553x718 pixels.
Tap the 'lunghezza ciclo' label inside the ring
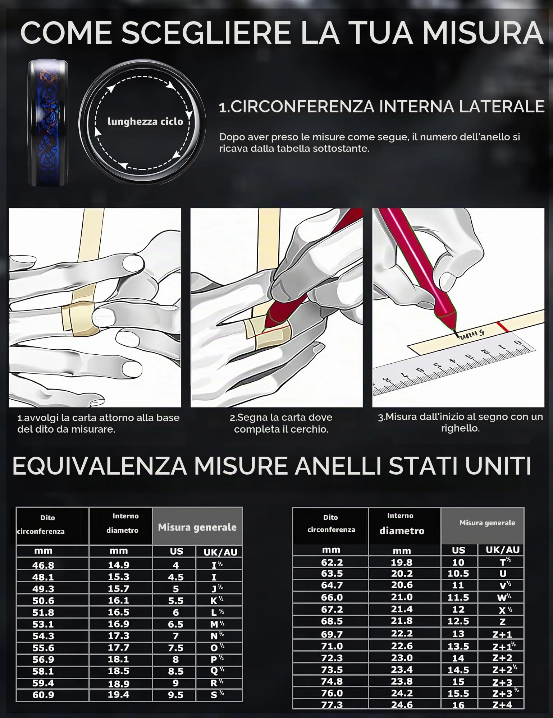(x=145, y=122)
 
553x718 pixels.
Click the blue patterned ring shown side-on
(x=48, y=123)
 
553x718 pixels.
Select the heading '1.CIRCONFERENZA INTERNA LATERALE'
(x=382, y=107)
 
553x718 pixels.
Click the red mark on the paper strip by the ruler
(x=501, y=327)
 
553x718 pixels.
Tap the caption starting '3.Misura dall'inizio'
(x=460, y=423)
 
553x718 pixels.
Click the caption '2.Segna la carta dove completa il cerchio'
(x=281, y=423)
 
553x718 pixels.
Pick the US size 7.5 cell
(x=176, y=648)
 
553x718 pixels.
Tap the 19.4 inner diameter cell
(x=119, y=695)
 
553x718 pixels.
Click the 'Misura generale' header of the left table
(x=197, y=527)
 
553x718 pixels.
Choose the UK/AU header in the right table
(x=503, y=550)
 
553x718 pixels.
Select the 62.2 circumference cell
(x=332, y=562)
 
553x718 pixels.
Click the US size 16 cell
(x=458, y=705)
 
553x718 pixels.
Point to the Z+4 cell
(x=502, y=705)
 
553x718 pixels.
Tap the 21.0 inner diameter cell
(x=402, y=597)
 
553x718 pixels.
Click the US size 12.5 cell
(x=458, y=621)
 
